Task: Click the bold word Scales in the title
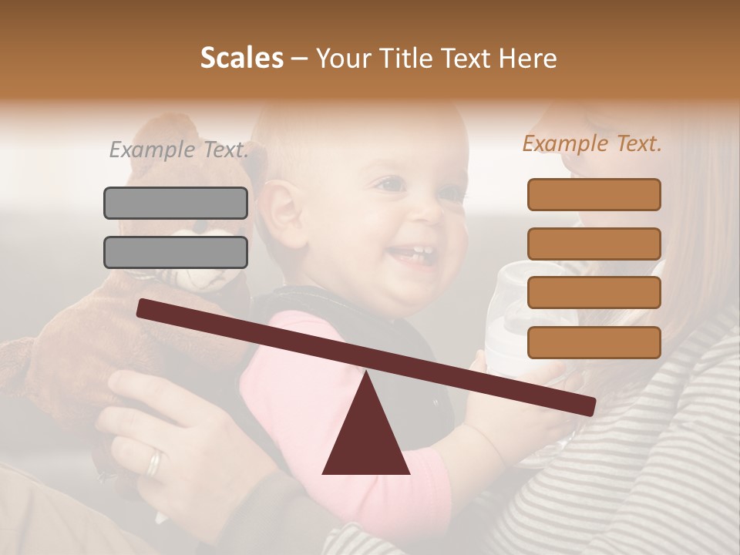[x=241, y=59]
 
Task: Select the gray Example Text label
[x=179, y=150]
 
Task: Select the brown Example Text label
[x=592, y=143]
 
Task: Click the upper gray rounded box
[x=176, y=203]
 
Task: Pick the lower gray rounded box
[x=176, y=252]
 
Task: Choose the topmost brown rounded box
[x=594, y=194]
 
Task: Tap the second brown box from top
[x=594, y=244]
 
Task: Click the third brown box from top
[x=594, y=293]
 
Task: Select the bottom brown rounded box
[x=594, y=342]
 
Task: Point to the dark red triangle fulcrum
[x=366, y=432]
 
